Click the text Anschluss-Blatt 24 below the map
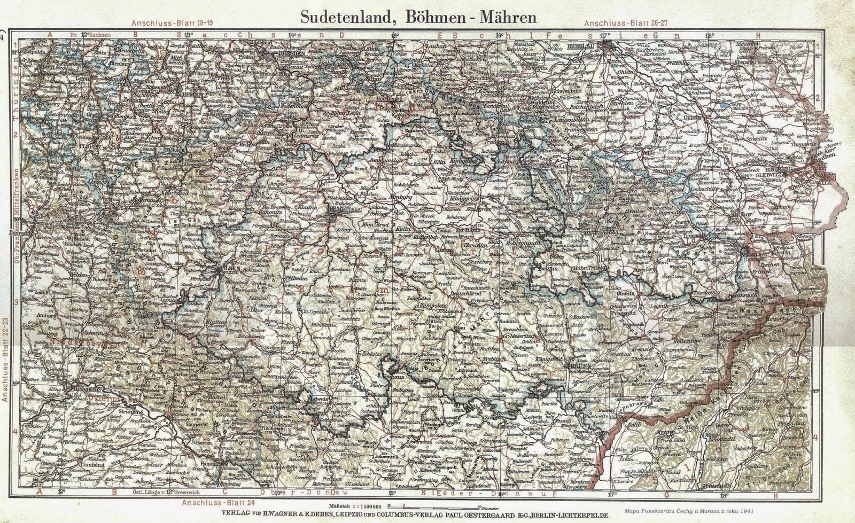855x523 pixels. click(209, 503)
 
